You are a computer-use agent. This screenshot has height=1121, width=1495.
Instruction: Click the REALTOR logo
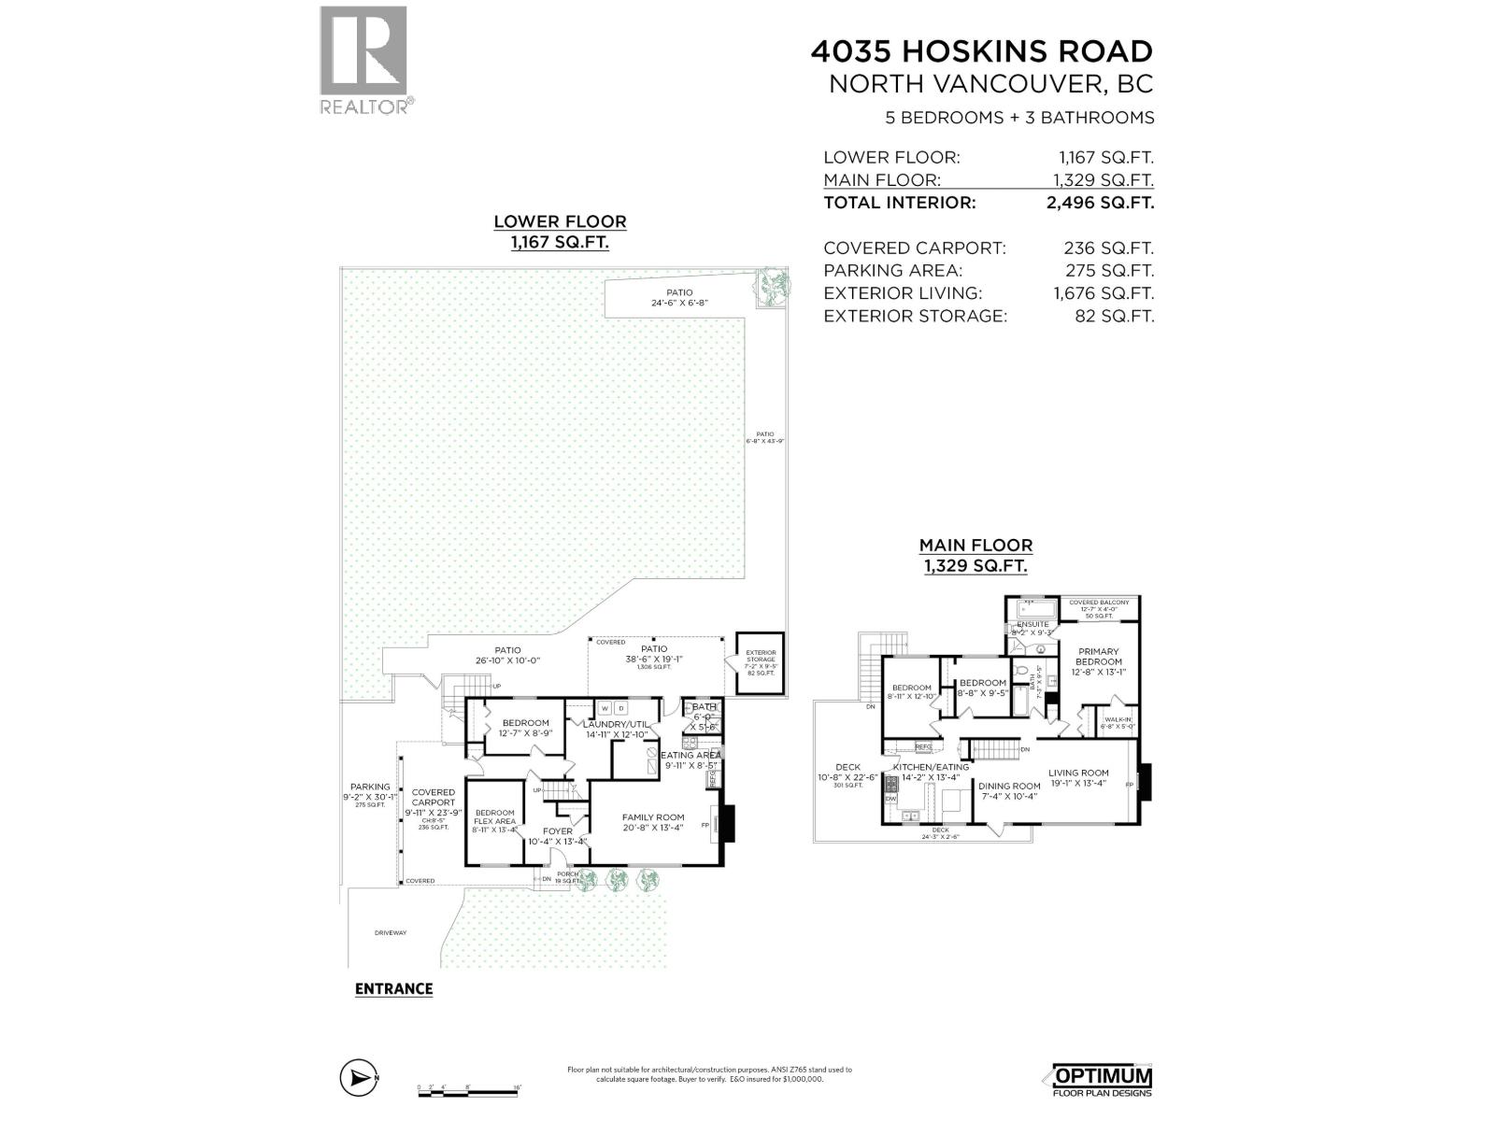click(x=364, y=60)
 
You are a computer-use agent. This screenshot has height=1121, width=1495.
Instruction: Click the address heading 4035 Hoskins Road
click(x=981, y=50)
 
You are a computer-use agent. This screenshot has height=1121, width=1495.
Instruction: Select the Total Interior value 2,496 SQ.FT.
click(x=1100, y=203)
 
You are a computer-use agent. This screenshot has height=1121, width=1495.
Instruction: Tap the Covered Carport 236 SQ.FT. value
click(x=1108, y=248)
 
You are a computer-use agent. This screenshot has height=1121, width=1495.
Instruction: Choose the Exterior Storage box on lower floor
click(x=760, y=663)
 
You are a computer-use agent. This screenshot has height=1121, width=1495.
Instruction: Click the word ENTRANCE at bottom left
click(x=393, y=989)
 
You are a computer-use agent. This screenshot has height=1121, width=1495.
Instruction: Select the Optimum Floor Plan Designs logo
click(x=1103, y=1081)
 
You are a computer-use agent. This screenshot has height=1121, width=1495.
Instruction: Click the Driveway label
click(x=391, y=932)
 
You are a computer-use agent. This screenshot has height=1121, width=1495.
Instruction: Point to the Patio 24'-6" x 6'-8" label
click(x=679, y=298)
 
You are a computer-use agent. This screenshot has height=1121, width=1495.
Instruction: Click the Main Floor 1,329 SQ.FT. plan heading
click(x=975, y=555)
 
